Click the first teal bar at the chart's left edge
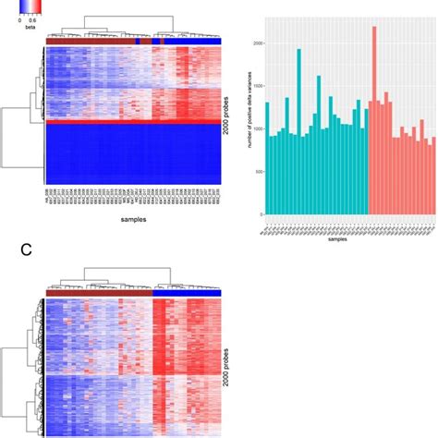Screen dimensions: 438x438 coord(267,157)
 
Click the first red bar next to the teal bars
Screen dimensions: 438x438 coord(371,157)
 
